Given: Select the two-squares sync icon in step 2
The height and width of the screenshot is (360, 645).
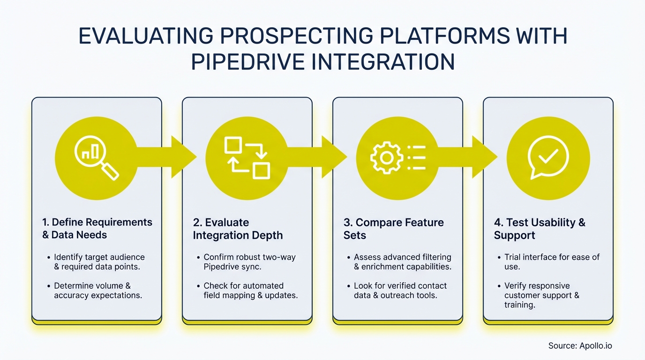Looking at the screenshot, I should click(247, 158).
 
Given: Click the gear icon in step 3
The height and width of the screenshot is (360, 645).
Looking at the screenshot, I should click(386, 158).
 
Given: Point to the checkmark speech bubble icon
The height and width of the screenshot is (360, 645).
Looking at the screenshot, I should click(548, 158).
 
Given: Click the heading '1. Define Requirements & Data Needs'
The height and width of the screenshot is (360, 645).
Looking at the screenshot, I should click(97, 228).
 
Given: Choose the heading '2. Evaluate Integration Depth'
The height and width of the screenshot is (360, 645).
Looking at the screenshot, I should click(238, 228).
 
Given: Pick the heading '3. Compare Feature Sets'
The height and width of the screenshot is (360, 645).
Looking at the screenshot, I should click(393, 228).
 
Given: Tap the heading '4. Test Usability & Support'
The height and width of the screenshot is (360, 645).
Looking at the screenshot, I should click(540, 228).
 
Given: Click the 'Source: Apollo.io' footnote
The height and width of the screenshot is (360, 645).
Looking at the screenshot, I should click(580, 346).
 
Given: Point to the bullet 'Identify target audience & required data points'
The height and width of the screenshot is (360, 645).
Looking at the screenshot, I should click(99, 262).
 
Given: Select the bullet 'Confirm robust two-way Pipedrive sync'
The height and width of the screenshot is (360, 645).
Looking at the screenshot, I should click(249, 262).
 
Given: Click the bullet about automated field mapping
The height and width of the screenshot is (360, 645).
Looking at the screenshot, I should click(250, 291).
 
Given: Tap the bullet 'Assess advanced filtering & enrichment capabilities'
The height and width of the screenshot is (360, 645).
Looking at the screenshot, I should click(402, 262).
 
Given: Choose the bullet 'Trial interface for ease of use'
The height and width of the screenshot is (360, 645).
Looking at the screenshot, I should click(552, 262).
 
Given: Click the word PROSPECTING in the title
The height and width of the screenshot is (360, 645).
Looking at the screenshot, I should click(294, 36).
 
